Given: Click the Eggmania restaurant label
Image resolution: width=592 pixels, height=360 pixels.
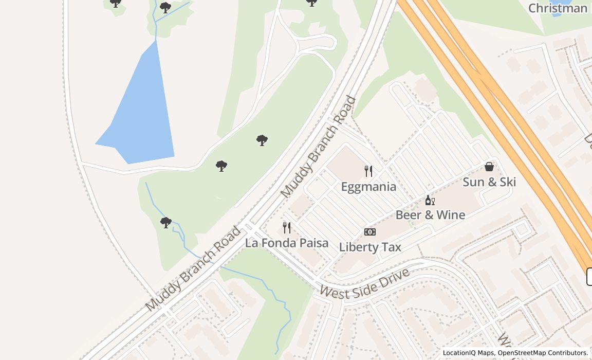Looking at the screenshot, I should tap(368, 187).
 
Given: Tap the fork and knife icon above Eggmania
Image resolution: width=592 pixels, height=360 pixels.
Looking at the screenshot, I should tap(368, 171).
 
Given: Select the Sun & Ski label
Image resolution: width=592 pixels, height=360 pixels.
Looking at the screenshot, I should tap(489, 182).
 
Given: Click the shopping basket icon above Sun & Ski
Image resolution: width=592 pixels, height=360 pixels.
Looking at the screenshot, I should tap(489, 167).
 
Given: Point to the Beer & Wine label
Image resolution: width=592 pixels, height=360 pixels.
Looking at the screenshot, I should tap(430, 215).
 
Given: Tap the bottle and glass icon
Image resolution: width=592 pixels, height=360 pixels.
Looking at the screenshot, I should tap(430, 200).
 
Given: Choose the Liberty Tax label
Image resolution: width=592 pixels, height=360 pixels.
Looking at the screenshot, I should tap(370, 247).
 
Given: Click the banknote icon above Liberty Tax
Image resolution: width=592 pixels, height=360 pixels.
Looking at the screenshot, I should tap(370, 232).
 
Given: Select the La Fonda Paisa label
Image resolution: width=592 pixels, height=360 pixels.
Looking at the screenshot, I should tap(287, 243).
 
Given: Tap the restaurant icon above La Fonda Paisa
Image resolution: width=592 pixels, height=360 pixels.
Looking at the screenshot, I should tap(287, 227).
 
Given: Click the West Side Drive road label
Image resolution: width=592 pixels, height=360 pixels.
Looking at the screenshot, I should tap(364, 283).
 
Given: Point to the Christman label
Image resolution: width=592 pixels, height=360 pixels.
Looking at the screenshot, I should tap(558, 8).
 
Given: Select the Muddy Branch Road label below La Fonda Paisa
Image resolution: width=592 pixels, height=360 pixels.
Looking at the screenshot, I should tap(193, 268).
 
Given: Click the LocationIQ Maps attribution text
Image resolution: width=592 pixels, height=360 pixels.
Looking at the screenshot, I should tap(468, 353).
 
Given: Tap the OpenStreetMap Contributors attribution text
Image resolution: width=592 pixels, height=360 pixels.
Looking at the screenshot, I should tap(543, 353).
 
